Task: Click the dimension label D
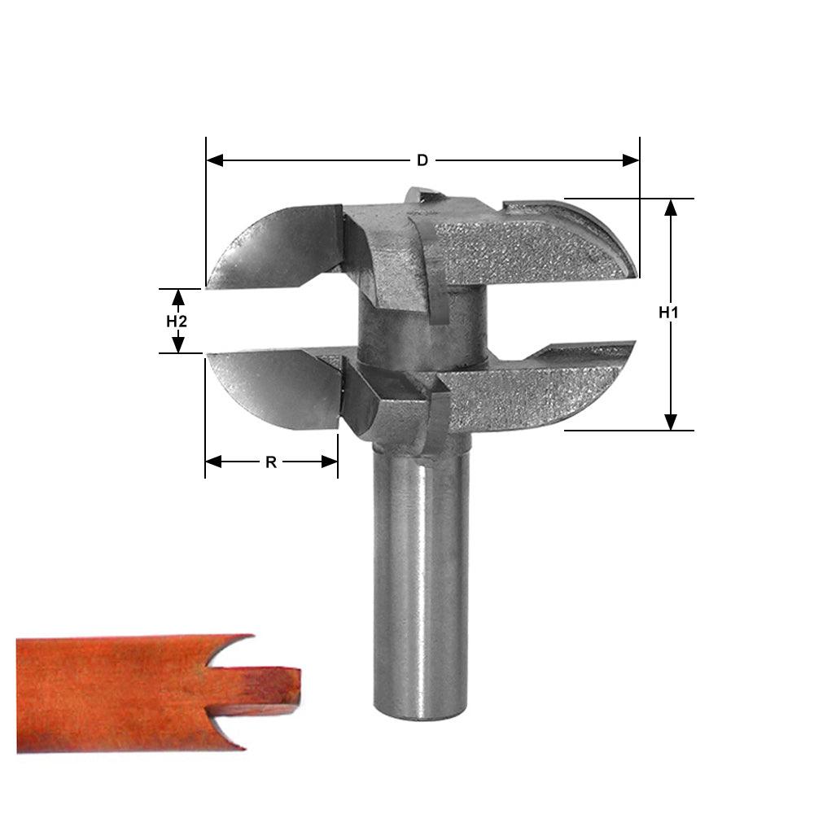click(x=422, y=160)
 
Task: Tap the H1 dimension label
click(x=669, y=313)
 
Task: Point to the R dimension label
click(x=271, y=462)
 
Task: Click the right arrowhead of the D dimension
click(x=631, y=160)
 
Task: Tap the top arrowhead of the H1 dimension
click(x=670, y=207)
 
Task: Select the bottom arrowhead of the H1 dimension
click(x=670, y=421)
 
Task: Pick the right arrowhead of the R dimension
click(x=330, y=462)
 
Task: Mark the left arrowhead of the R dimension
click(x=213, y=462)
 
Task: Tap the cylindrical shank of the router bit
click(x=421, y=570)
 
